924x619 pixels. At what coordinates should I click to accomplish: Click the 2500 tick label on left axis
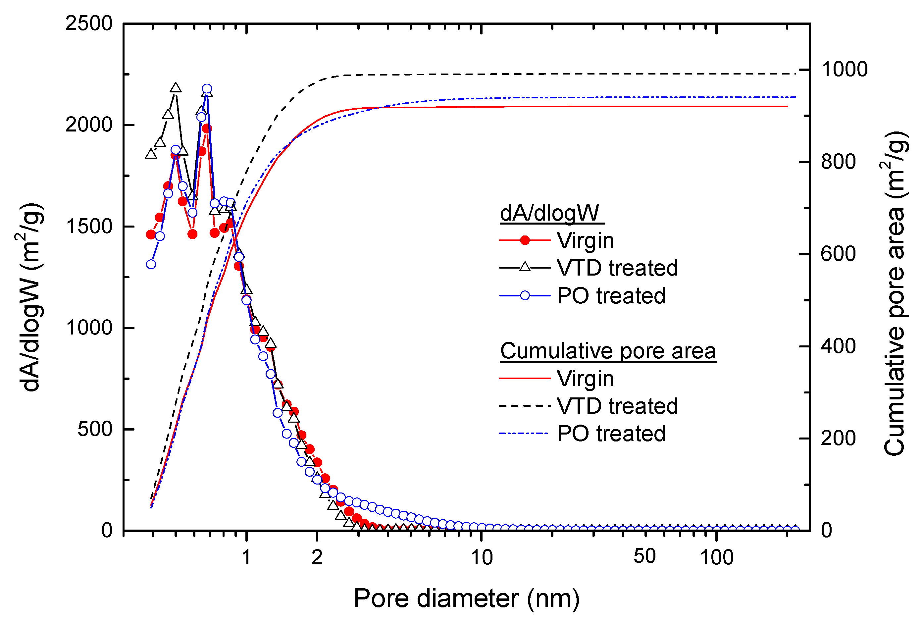[89, 24]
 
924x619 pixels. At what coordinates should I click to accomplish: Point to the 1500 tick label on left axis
[89, 227]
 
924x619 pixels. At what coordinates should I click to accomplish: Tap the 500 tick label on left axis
[95, 429]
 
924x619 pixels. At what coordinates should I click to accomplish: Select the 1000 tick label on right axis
[844, 70]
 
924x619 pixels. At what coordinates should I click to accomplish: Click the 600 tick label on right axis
[838, 254]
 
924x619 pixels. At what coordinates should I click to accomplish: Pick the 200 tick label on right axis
[838, 438]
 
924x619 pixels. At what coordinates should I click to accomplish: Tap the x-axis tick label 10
[482, 558]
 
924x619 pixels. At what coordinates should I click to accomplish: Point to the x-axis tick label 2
[317, 558]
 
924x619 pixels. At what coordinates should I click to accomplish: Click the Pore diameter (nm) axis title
[466, 599]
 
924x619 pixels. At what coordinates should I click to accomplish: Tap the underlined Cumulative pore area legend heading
[608, 351]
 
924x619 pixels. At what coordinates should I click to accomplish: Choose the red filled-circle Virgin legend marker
[525, 240]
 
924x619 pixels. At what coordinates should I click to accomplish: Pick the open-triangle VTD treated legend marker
[525, 268]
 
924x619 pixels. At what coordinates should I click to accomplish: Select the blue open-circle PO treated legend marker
[525, 296]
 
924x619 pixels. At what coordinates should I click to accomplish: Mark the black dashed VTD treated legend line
[525, 406]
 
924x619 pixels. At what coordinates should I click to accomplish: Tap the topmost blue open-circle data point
[207, 89]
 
